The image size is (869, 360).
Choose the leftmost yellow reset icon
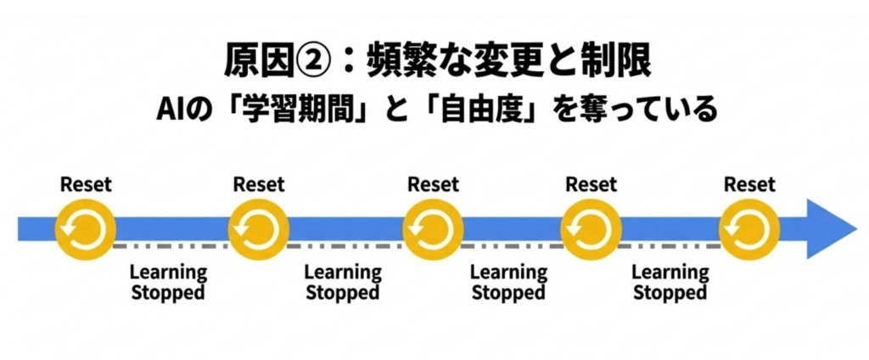86,229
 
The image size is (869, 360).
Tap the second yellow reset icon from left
259,229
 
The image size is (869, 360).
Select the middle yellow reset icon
433,229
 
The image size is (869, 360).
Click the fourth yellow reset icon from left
591,229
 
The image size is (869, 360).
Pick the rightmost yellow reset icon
749,229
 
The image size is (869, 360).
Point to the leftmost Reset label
86,184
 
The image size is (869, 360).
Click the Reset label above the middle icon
433,184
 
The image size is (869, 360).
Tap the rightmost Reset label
749,184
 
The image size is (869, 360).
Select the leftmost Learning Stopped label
168,282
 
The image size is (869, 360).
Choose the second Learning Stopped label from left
343,282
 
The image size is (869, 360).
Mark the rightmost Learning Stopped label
670,282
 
